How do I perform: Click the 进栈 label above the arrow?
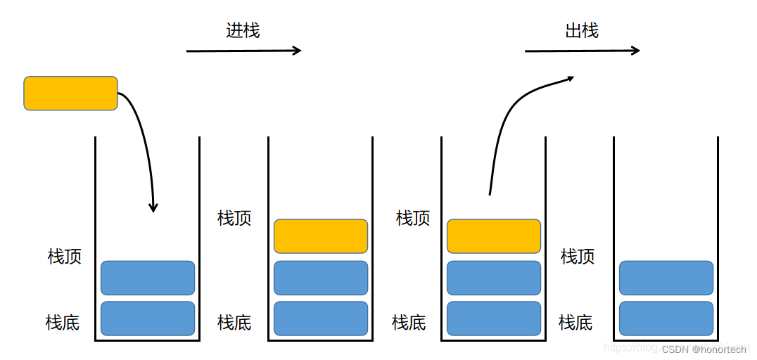[x=243, y=31]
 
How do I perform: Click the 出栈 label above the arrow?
[x=582, y=31]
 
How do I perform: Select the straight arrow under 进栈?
[x=243, y=51]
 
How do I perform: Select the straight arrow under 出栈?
[x=583, y=51]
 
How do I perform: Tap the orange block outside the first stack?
[x=70, y=94]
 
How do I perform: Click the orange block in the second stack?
[x=321, y=236]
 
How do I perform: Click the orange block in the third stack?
[x=494, y=236]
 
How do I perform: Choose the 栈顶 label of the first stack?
[x=65, y=257]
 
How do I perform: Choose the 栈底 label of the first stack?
[x=63, y=323]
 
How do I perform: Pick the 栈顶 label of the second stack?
[x=234, y=218]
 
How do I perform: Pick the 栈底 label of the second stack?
[x=234, y=323]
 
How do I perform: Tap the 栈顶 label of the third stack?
[x=413, y=218]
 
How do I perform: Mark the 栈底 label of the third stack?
[x=409, y=323]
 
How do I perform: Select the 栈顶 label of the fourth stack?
[x=578, y=257]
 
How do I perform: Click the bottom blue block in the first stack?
[x=148, y=319]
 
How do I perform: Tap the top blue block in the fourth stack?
[x=666, y=278]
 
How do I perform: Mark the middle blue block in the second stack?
[x=321, y=278]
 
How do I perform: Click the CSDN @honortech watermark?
[x=704, y=349]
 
